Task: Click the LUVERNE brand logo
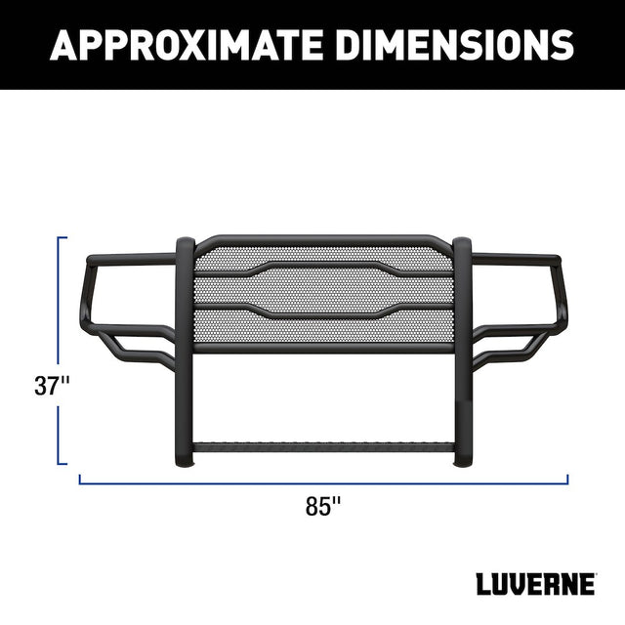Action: point(536,585)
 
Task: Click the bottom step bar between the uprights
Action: point(322,447)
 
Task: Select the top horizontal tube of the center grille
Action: point(322,240)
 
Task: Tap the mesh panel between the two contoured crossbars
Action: point(322,289)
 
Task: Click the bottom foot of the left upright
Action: point(185,459)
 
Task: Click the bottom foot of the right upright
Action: point(463,459)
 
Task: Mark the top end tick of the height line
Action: point(62,236)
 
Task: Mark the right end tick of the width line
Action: point(566,479)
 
